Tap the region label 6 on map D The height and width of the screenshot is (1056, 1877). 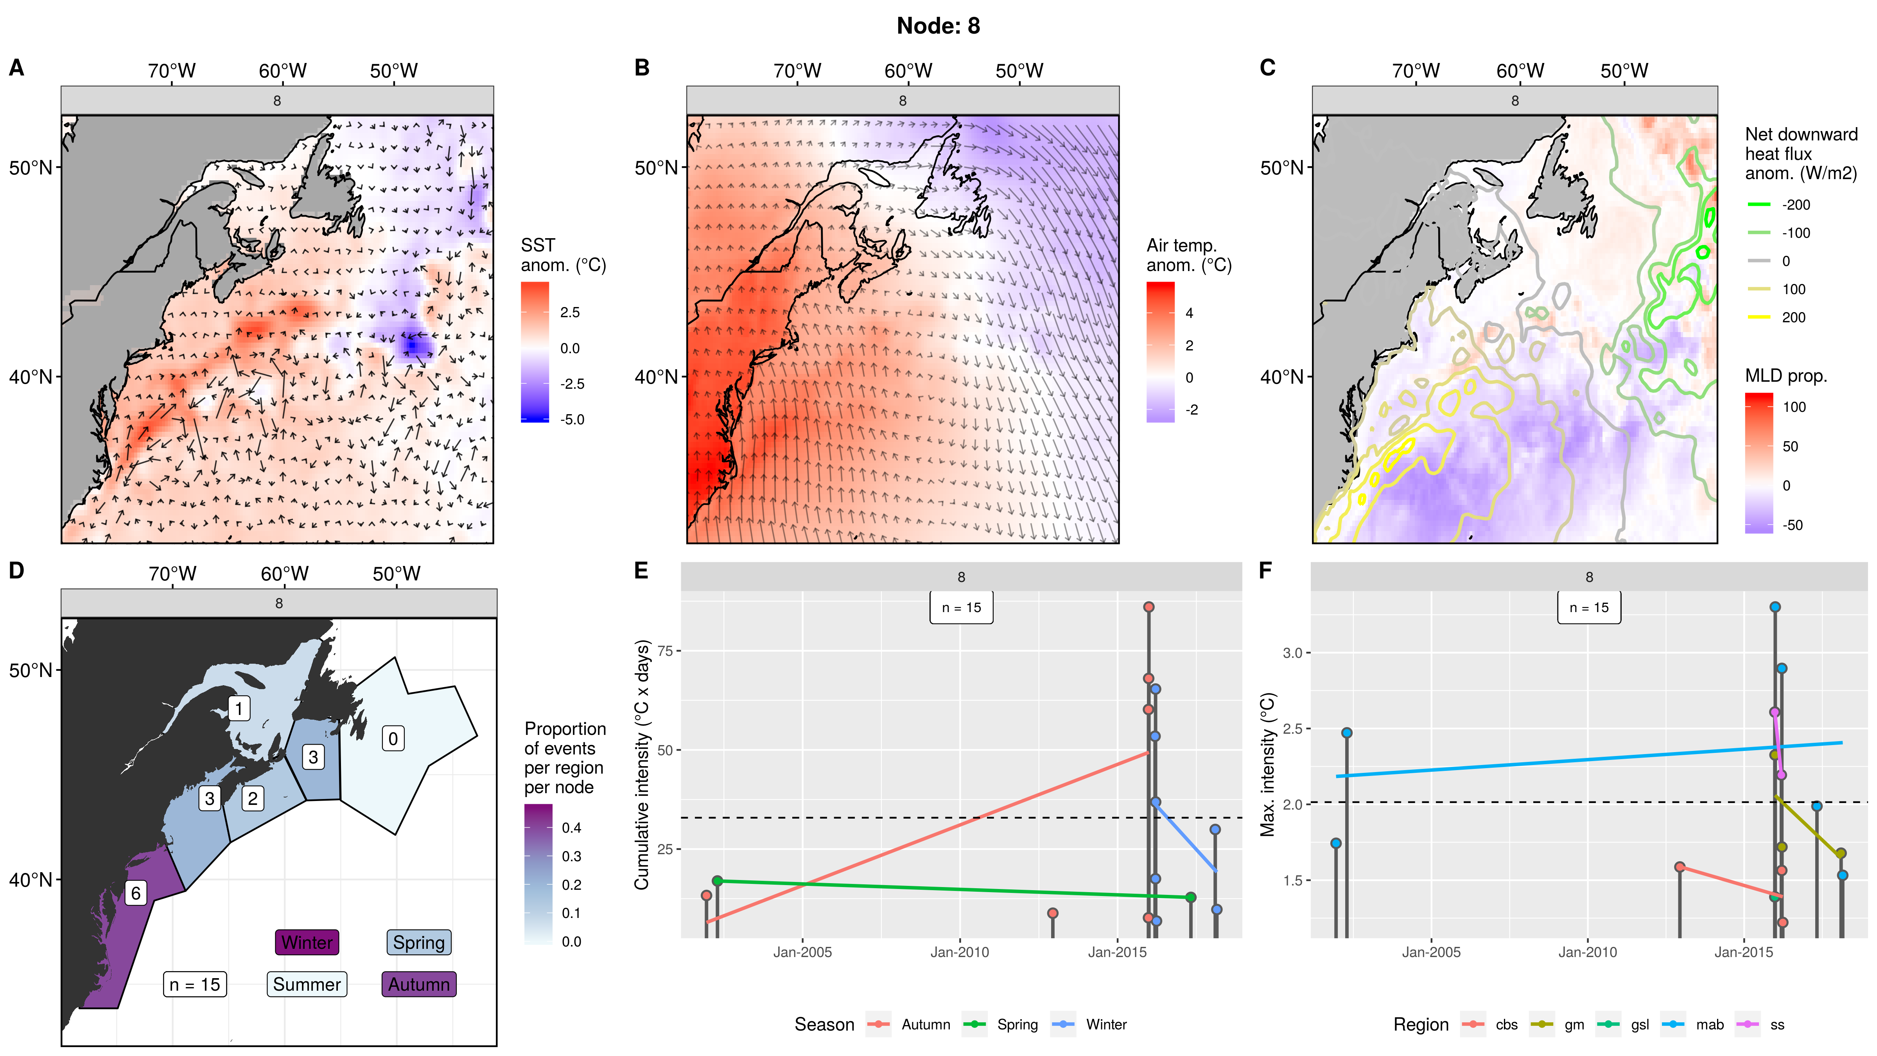[x=136, y=893]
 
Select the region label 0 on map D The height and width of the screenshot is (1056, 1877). [x=393, y=739]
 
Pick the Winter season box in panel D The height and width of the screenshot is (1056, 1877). [x=307, y=942]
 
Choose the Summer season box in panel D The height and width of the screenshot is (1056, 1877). [x=307, y=984]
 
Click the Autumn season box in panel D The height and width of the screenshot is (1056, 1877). [x=419, y=984]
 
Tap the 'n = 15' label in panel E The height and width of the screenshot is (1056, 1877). [x=961, y=608]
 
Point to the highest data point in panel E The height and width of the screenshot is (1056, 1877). [x=1148, y=607]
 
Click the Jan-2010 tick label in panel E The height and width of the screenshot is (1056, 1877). [x=960, y=952]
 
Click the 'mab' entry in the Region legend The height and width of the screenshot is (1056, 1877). [x=1709, y=1025]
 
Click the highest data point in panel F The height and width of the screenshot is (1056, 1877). [x=1775, y=607]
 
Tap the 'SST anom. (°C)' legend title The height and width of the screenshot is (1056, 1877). [x=563, y=255]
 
